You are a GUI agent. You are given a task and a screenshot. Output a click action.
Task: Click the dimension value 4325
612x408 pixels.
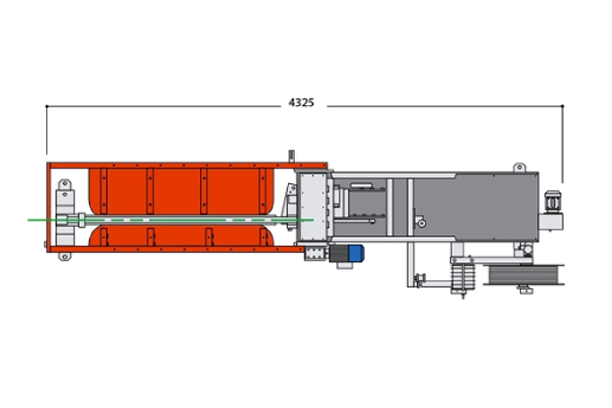[301, 103]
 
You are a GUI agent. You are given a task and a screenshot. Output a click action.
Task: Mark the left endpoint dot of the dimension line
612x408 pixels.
[47, 106]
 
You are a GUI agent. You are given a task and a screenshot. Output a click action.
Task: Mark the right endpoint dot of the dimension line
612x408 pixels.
[563, 106]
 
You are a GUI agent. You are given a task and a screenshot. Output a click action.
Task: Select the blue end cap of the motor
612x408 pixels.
[356, 253]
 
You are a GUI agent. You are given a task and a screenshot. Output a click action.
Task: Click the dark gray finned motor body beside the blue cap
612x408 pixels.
[339, 253]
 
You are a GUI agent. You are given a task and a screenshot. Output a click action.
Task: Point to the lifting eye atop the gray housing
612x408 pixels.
[519, 168]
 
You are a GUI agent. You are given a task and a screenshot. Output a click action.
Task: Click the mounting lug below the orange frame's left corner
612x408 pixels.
[64, 256]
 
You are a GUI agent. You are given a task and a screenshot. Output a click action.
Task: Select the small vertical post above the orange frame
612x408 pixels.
[291, 157]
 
